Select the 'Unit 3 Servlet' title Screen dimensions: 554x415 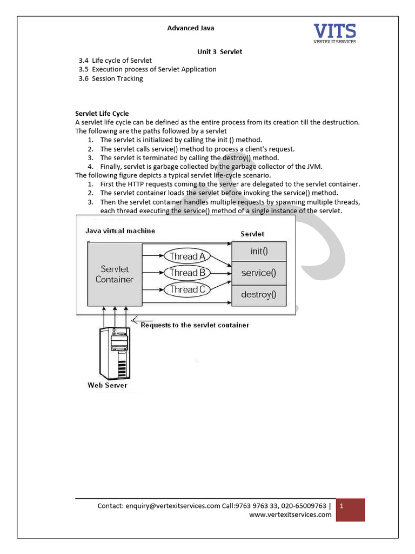[219, 51]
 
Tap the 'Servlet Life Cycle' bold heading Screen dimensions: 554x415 [102, 114]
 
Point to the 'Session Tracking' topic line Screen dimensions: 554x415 [117, 78]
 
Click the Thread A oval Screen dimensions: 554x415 [187, 256]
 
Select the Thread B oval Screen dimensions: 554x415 [187, 273]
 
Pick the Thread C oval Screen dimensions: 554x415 [187, 289]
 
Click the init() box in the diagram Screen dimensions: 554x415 [259, 251]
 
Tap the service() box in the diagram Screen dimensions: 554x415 [259, 273]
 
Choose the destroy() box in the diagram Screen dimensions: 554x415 [259, 295]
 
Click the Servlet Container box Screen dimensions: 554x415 [114, 274]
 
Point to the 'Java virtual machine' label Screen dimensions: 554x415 [120, 230]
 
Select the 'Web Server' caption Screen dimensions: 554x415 [108, 385]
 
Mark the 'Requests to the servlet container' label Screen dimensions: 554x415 [195, 325]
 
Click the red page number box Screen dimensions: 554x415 [350, 510]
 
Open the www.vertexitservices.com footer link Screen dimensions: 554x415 [290, 515]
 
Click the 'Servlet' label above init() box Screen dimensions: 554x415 [252, 234]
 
